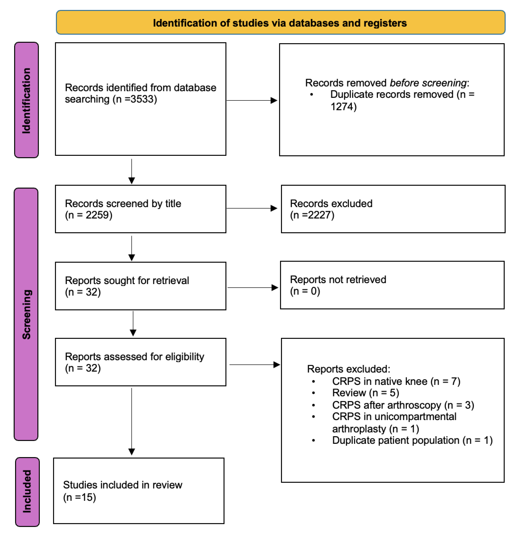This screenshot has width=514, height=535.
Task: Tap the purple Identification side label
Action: tap(26, 100)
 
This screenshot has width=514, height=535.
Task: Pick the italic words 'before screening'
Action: tap(428, 83)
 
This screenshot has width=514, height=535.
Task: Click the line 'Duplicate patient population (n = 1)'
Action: tap(412, 440)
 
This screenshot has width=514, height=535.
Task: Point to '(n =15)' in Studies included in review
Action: tap(79, 497)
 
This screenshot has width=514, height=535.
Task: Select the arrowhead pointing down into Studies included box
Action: tap(132, 452)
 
